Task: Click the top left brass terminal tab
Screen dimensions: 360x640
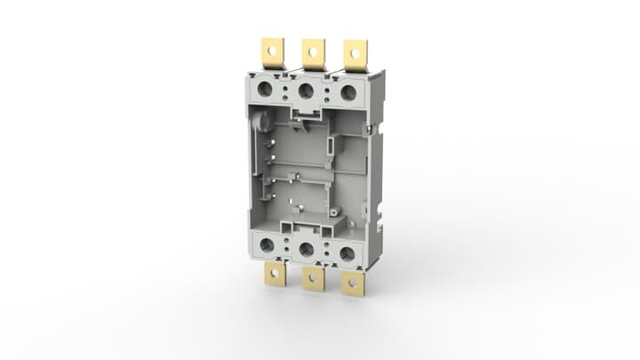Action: [270, 52]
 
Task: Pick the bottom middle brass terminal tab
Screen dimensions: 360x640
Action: [312, 279]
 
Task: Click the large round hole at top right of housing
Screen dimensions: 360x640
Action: [348, 92]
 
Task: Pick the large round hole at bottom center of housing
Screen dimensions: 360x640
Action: [307, 250]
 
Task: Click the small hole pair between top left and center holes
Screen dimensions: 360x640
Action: [286, 90]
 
